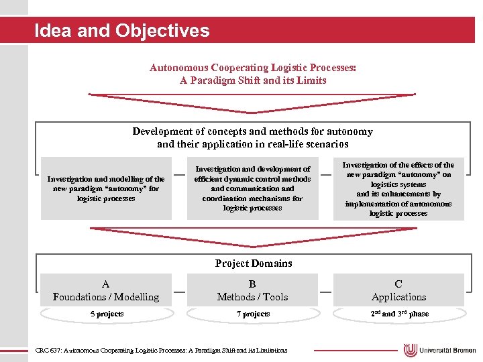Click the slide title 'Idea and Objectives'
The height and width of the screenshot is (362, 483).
click(x=121, y=31)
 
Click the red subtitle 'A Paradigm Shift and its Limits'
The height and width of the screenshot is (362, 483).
click(x=253, y=80)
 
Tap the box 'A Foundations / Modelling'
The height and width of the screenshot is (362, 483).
click(x=106, y=290)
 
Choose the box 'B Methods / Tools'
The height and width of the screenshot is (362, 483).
click(x=252, y=290)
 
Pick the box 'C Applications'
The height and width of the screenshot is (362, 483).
click(x=398, y=290)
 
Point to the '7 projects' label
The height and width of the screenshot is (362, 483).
click(x=252, y=314)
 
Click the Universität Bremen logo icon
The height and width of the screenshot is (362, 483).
click(x=411, y=350)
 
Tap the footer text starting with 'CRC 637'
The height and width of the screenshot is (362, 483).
click(x=161, y=350)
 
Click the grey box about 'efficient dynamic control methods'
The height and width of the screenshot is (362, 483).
click(x=252, y=188)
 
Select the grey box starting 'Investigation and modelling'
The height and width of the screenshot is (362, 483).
click(x=106, y=188)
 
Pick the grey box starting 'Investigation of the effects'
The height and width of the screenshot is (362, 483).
click(x=398, y=188)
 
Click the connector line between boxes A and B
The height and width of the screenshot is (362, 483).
click(x=179, y=291)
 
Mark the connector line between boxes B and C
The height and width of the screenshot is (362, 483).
click(x=325, y=291)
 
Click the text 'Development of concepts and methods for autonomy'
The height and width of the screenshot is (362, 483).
click(x=252, y=131)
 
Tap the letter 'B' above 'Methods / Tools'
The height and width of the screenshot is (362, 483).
click(x=252, y=284)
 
